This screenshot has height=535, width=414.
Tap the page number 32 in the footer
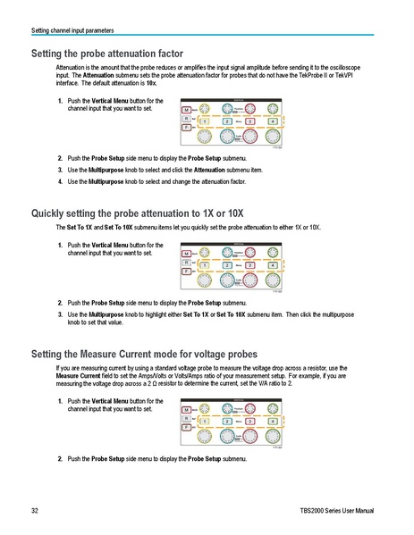[x=34, y=510]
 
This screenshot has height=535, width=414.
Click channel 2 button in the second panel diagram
[x=227, y=265]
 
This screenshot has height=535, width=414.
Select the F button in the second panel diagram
[x=185, y=274]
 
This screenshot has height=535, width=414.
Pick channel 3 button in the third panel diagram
[x=250, y=423]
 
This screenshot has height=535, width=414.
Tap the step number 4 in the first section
[x=60, y=182]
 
